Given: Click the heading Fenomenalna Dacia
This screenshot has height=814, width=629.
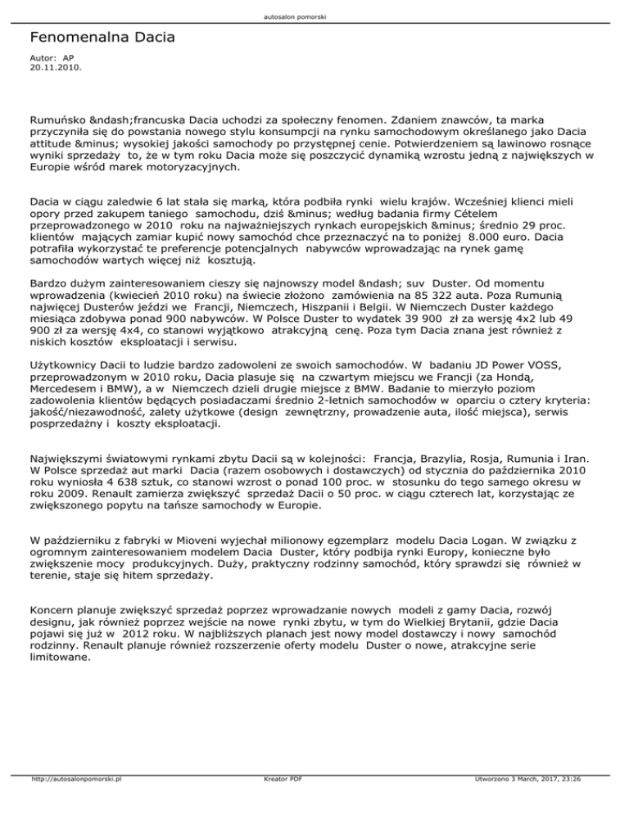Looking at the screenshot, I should coord(102,38).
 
